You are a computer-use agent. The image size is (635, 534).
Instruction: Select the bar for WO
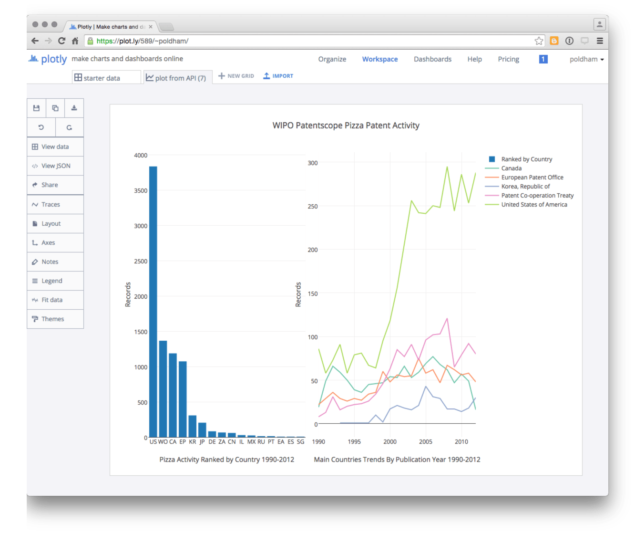[163, 388]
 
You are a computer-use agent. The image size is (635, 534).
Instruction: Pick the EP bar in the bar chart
[183, 399]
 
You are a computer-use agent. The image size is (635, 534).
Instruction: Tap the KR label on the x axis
[193, 442]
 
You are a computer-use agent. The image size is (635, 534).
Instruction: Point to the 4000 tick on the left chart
[141, 156]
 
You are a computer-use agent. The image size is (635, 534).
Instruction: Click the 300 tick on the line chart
[312, 163]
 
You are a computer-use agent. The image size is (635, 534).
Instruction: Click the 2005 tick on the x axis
[426, 442]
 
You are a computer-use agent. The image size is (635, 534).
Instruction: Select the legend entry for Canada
[511, 168]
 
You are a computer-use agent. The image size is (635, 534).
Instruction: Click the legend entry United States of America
[534, 205]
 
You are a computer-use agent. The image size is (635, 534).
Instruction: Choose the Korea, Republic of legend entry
[525, 187]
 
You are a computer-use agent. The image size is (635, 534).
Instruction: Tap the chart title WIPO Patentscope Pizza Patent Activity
[346, 126]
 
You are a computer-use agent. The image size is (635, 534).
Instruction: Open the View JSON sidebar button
[55, 166]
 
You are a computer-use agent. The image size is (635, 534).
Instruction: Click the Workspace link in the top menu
[380, 59]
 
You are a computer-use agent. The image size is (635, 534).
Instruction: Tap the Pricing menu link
[508, 59]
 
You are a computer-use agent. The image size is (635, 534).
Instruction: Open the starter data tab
[102, 78]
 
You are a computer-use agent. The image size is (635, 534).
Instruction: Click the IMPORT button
[278, 76]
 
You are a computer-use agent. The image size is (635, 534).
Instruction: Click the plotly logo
[48, 59]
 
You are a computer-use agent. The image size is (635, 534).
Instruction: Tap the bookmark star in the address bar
[539, 41]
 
